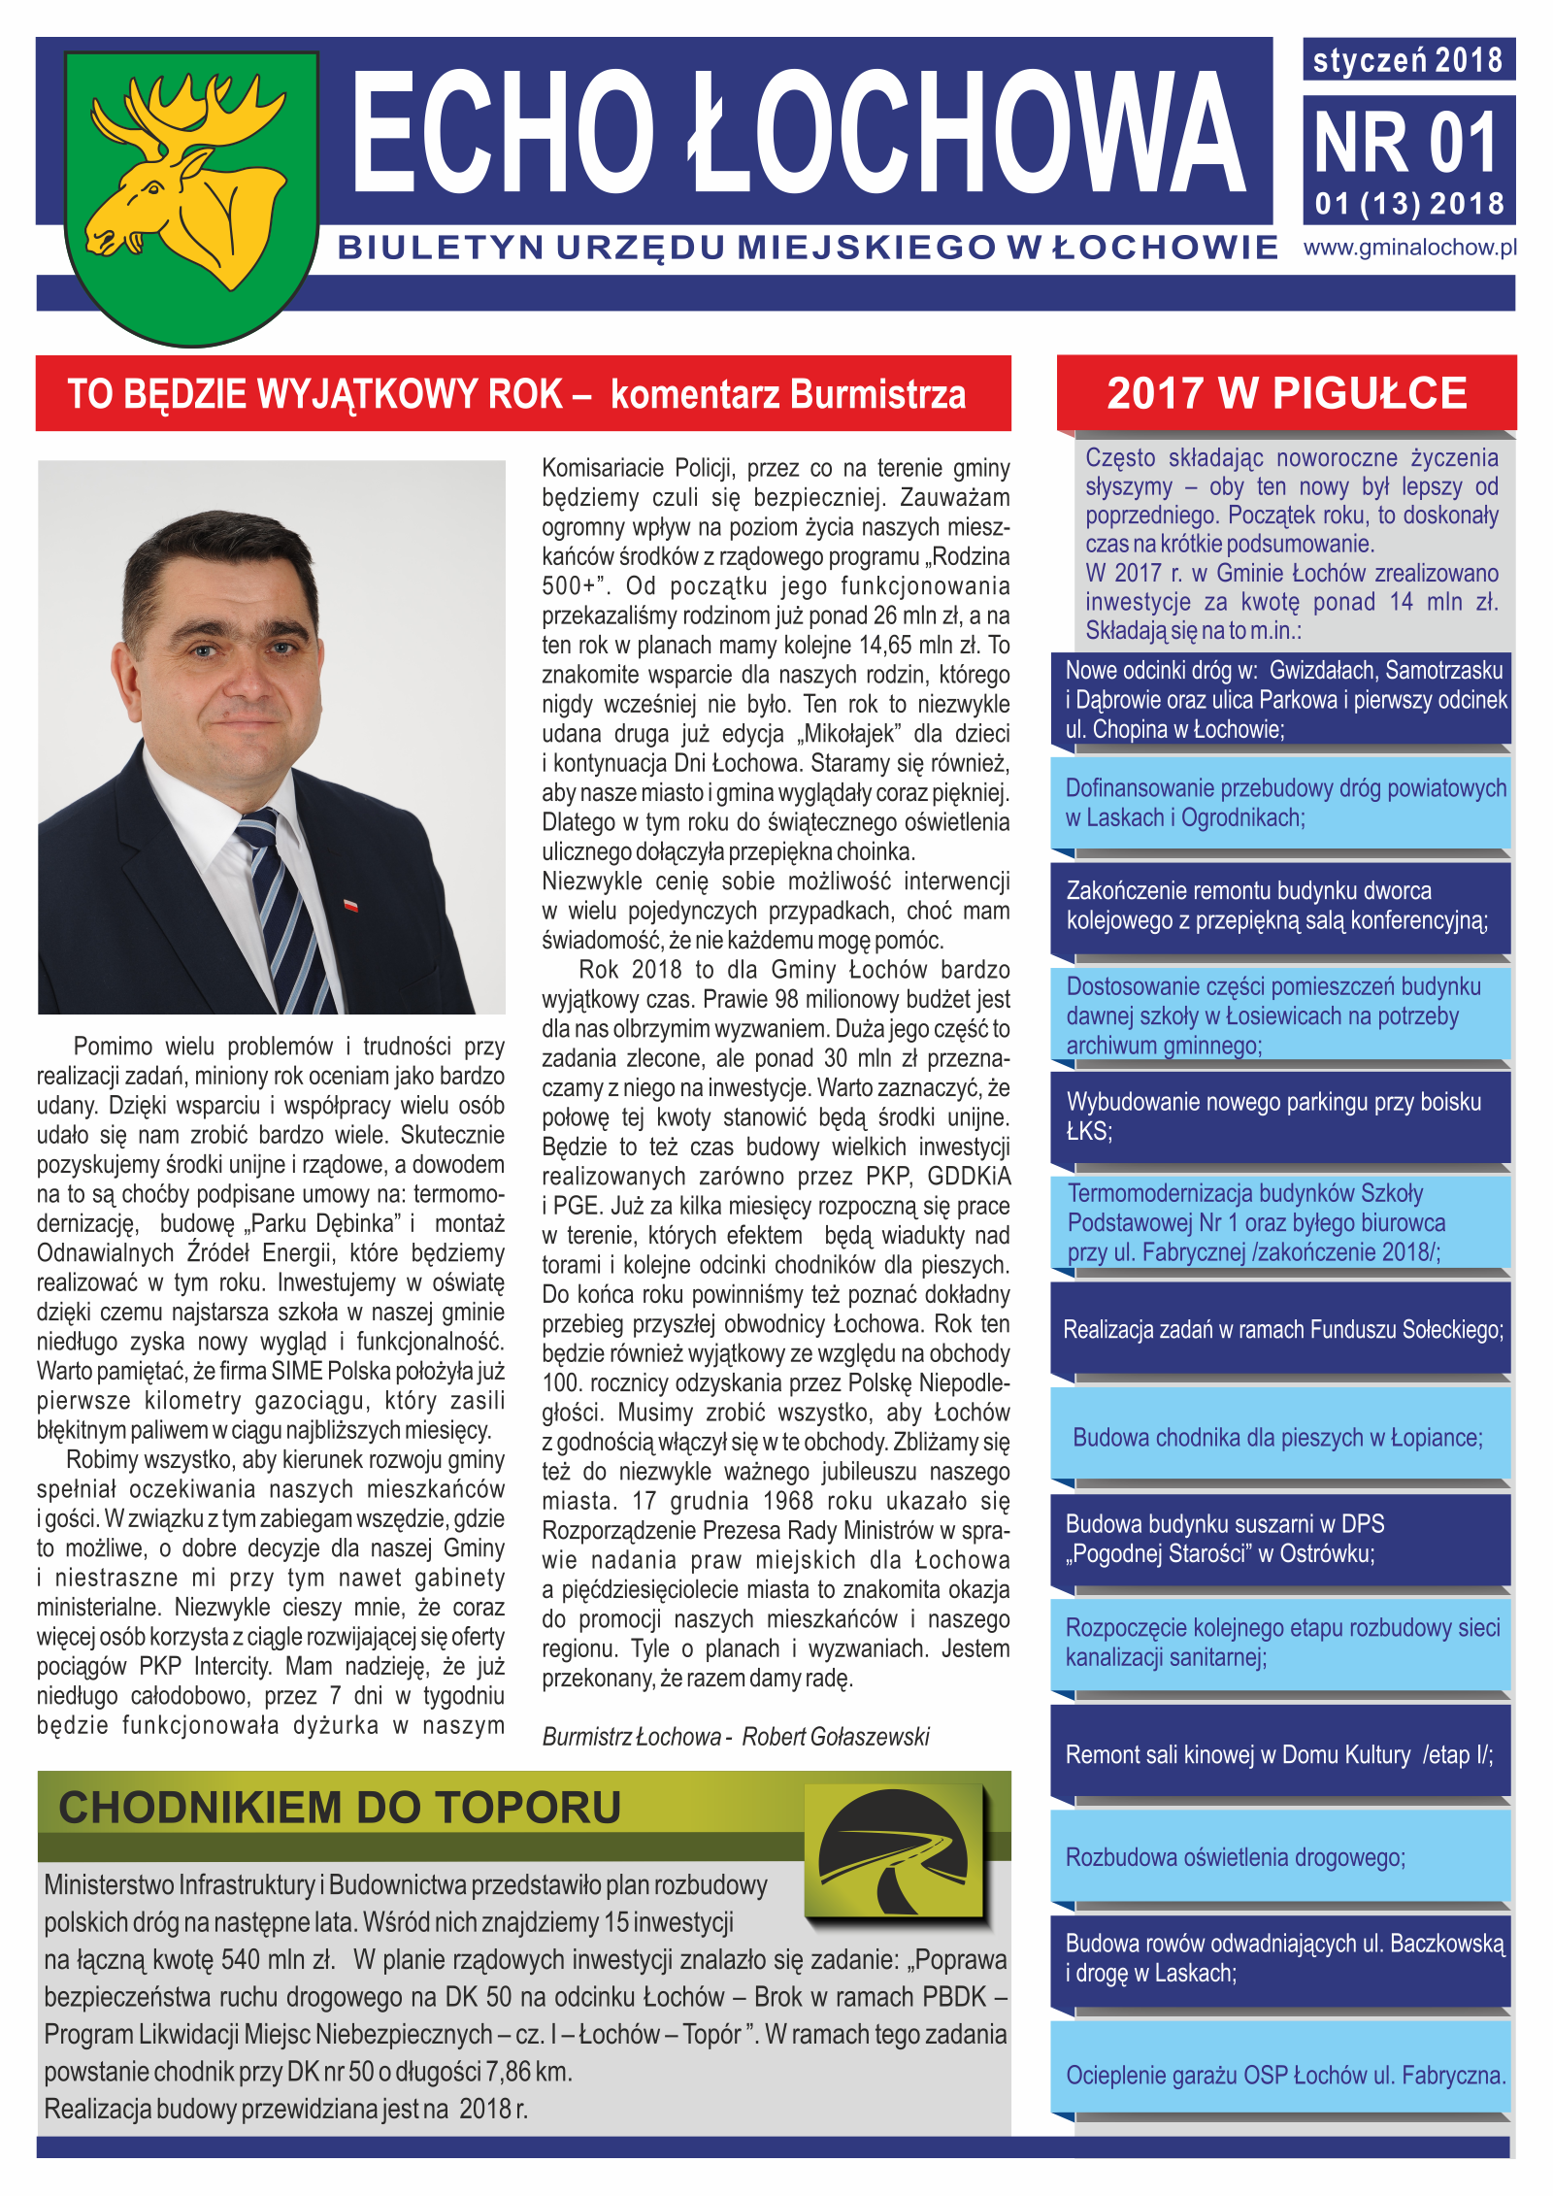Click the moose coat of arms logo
(191, 194)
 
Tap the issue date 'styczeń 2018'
(1407, 60)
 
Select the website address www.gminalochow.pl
(1409, 248)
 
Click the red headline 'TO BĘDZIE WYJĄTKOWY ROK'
(330, 394)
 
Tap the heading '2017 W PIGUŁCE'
(1286, 393)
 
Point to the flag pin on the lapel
(351, 905)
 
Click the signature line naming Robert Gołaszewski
(736, 1736)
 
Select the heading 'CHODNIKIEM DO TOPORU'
(340, 1808)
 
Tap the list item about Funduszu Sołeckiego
(1282, 1329)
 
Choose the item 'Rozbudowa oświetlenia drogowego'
(1235, 1857)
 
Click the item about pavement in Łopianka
(1277, 1437)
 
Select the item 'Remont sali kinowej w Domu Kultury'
(1278, 1754)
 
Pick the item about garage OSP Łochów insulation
(1285, 2075)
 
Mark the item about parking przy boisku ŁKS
(1273, 1115)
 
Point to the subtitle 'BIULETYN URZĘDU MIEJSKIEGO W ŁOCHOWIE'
(808, 248)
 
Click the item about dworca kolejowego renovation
(1276, 905)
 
